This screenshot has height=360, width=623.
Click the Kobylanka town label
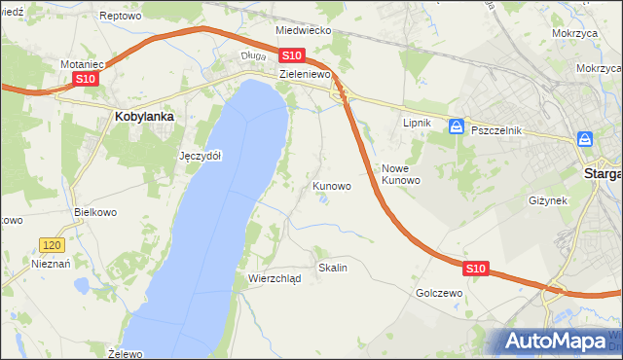click(144, 116)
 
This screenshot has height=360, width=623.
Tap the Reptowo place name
click(122, 17)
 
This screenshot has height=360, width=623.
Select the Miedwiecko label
click(304, 30)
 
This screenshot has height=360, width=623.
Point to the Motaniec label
click(82, 64)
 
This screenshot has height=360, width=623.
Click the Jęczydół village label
click(202, 156)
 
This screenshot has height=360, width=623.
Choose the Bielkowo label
click(95, 211)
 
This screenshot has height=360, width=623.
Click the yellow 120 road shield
click(52, 245)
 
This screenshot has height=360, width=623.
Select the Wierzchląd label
click(275, 277)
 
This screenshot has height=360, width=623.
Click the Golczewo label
click(438, 292)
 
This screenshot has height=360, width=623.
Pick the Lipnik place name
click(417, 124)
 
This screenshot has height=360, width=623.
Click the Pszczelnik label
click(496, 130)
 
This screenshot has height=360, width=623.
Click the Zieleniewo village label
click(306, 74)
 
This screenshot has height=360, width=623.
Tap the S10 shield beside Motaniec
click(85, 79)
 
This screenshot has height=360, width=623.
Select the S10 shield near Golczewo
click(475, 267)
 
